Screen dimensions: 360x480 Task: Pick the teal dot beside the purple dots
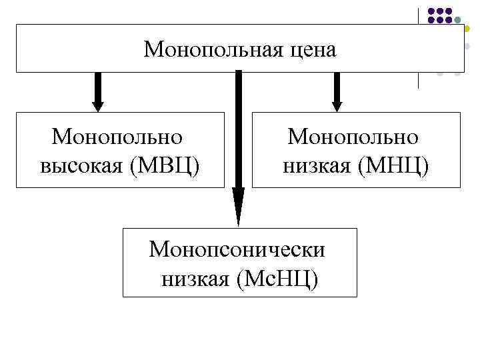point(458,20)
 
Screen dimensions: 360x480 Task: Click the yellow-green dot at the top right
point(467,29)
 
